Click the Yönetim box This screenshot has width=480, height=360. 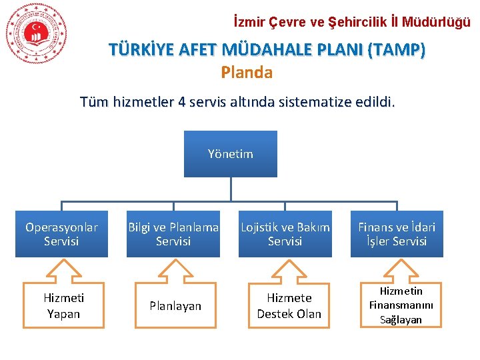point(231,154)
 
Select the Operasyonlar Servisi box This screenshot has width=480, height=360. point(61,234)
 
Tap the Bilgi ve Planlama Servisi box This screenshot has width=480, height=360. point(173,234)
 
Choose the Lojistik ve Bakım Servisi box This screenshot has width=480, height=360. point(285,234)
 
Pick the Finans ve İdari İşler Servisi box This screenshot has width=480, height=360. point(397,234)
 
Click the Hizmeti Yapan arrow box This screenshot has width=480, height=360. point(63,307)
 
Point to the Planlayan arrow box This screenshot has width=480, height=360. point(175,307)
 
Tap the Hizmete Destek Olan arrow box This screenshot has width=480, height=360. point(289,307)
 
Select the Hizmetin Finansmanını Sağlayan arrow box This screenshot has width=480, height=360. point(401,306)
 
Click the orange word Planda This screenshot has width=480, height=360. point(247,73)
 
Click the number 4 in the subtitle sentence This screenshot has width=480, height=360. point(182,102)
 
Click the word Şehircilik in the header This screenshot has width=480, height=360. point(359,22)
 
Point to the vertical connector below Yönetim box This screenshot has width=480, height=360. point(231,189)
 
